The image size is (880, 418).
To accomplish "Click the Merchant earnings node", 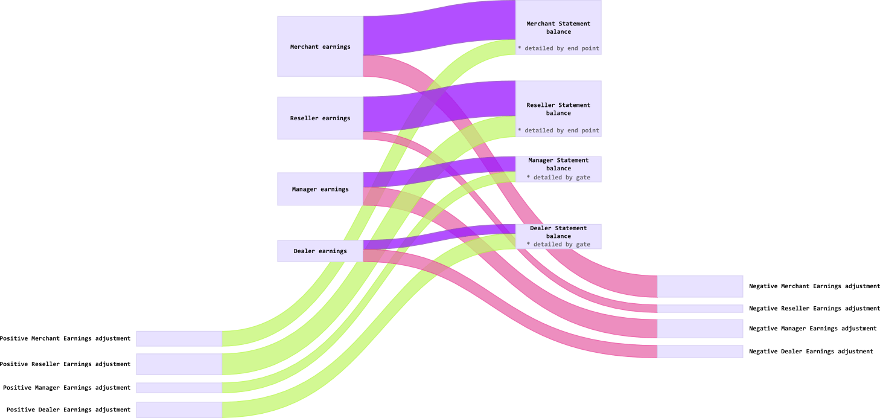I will [320, 47].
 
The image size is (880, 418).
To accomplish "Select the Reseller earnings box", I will [320, 118].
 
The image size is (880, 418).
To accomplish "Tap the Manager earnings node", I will [320, 189].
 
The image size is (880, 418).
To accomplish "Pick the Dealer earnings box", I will [320, 251].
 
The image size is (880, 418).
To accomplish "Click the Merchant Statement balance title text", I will [558, 28].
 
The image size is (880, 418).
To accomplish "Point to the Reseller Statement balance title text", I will [558, 109].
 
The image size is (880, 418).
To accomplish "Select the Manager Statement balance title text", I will [558, 164].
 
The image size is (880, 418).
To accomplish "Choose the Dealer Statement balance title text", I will [558, 232].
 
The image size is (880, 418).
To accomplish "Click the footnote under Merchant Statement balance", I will [558, 48].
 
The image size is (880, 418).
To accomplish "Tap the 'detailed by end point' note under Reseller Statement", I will [558, 130].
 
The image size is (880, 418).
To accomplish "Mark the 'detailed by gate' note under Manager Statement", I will [558, 178].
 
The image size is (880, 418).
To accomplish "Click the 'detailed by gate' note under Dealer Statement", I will [558, 245].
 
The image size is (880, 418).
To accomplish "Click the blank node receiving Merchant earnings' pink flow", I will [700, 286].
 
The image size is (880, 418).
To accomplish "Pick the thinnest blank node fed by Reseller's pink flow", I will [700, 309].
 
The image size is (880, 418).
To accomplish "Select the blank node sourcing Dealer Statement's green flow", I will [179, 410].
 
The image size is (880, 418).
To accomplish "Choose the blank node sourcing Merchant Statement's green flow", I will [179, 338].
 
